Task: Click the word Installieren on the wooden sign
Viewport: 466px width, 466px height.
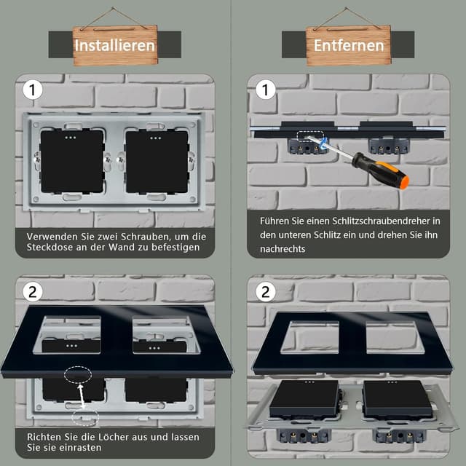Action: pyautogui.click(x=115, y=45)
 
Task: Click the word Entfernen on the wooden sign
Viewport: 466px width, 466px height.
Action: pyautogui.click(x=349, y=45)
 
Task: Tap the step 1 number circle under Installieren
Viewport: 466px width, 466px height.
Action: pyautogui.click(x=32, y=90)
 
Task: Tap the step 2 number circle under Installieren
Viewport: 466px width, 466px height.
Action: pyautogui.click(x=32, y=292)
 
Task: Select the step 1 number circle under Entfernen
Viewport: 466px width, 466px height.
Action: pyautogui.click(x=265, y=90)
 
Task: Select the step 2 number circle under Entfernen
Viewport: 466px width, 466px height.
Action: pyautogui.click(x=265, y=292)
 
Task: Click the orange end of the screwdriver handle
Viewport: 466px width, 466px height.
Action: pyautogui.click(x=404, y=181)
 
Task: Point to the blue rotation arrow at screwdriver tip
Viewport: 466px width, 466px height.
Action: pyautogui.click(x=323, y=143)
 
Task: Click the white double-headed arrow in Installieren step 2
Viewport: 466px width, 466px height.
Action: pyautogui.click(x=81, y=396)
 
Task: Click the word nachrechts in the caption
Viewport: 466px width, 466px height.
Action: pyautogui.click(x=283, y=249)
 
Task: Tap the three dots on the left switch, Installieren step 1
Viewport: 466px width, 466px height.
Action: pyautogui.click(x=71, y=138)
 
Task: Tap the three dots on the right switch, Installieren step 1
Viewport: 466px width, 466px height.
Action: pyautogui.click(x=155, y=138)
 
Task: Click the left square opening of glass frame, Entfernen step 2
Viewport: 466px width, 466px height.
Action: pyautogui.click(x=309, y=337)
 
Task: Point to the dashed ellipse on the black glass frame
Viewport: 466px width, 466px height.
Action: pyautogui.click(x=78, y=375)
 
